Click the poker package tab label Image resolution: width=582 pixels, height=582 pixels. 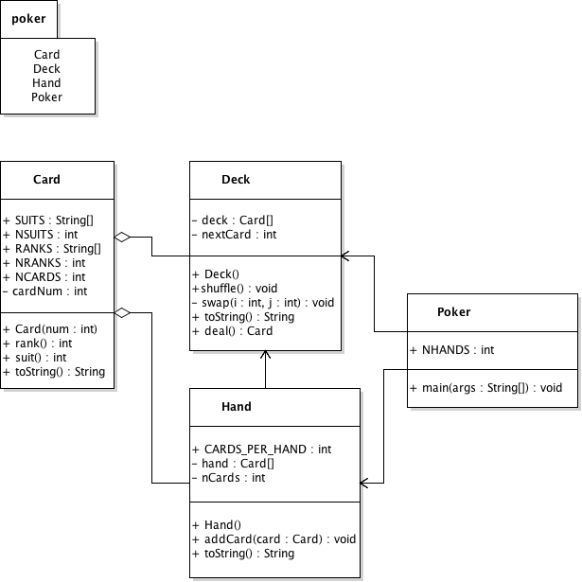click(28, 19)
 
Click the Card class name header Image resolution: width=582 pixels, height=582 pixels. click(46, 180)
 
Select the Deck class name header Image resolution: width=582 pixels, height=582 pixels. click(236, 180)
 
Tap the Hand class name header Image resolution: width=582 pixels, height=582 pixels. click(236, 407)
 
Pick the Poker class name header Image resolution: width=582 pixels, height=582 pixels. click(454, 312)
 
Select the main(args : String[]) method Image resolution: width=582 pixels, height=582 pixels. click(487, 388)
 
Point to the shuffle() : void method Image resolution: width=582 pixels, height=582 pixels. click(234, 289)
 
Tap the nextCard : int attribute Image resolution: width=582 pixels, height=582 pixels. click(233, 234)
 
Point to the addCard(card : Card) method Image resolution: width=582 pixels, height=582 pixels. click(273, 538)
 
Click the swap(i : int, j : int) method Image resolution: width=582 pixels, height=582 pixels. click(262, 303)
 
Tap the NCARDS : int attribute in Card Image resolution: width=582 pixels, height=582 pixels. click(44, 277)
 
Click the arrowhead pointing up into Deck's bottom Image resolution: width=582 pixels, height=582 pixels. click(266, 356)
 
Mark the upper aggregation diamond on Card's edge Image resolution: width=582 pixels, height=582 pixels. click(123, 237)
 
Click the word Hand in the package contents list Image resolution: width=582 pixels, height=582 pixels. click(46, 82)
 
